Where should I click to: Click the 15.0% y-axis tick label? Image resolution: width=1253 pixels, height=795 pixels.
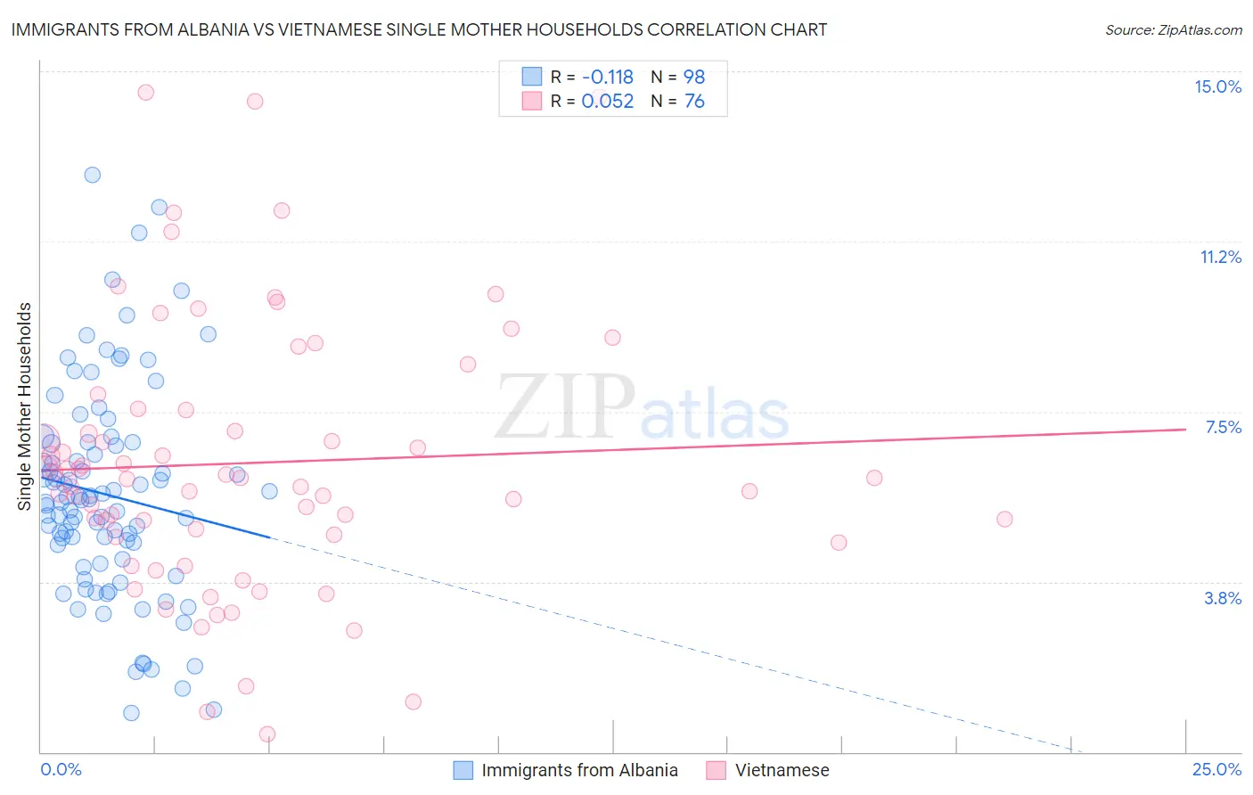pos(1217,86)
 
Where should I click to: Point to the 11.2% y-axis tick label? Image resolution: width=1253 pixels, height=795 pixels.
pos(1220,257)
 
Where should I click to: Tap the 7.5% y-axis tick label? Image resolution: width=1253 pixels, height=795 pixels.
pos(1223,427)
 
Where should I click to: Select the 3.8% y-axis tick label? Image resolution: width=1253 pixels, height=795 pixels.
pos(1223,598)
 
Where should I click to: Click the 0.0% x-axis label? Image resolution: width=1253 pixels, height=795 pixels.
pos(61,769)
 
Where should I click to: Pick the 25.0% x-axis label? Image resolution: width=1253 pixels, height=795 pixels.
pos(1216,769)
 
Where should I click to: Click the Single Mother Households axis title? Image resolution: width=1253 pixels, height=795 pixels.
pos(25,406)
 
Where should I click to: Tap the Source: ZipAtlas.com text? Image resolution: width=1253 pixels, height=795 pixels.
pos(1174,29)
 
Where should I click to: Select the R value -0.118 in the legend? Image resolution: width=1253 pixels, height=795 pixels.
pos(607,77)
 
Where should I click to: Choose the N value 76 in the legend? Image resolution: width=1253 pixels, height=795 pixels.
pos(694,102)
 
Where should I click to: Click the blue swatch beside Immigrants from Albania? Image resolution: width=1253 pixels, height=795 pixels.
pos(463,770)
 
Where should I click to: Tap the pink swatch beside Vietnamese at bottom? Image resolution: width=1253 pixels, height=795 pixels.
pos(717,770)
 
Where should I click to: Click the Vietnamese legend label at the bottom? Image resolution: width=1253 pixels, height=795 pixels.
pos(782,770)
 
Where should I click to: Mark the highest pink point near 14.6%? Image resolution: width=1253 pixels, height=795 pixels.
pos(145,92)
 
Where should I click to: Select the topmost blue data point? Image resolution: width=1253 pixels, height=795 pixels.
pos(92,175)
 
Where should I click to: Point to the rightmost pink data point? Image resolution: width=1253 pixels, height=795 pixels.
pos(1004,519)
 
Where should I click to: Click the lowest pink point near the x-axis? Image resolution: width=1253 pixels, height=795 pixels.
pos(267,734)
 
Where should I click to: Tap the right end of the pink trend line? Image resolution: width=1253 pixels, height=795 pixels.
pos(1185,430)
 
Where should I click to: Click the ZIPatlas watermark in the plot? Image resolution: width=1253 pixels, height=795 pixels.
pos(642,409)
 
